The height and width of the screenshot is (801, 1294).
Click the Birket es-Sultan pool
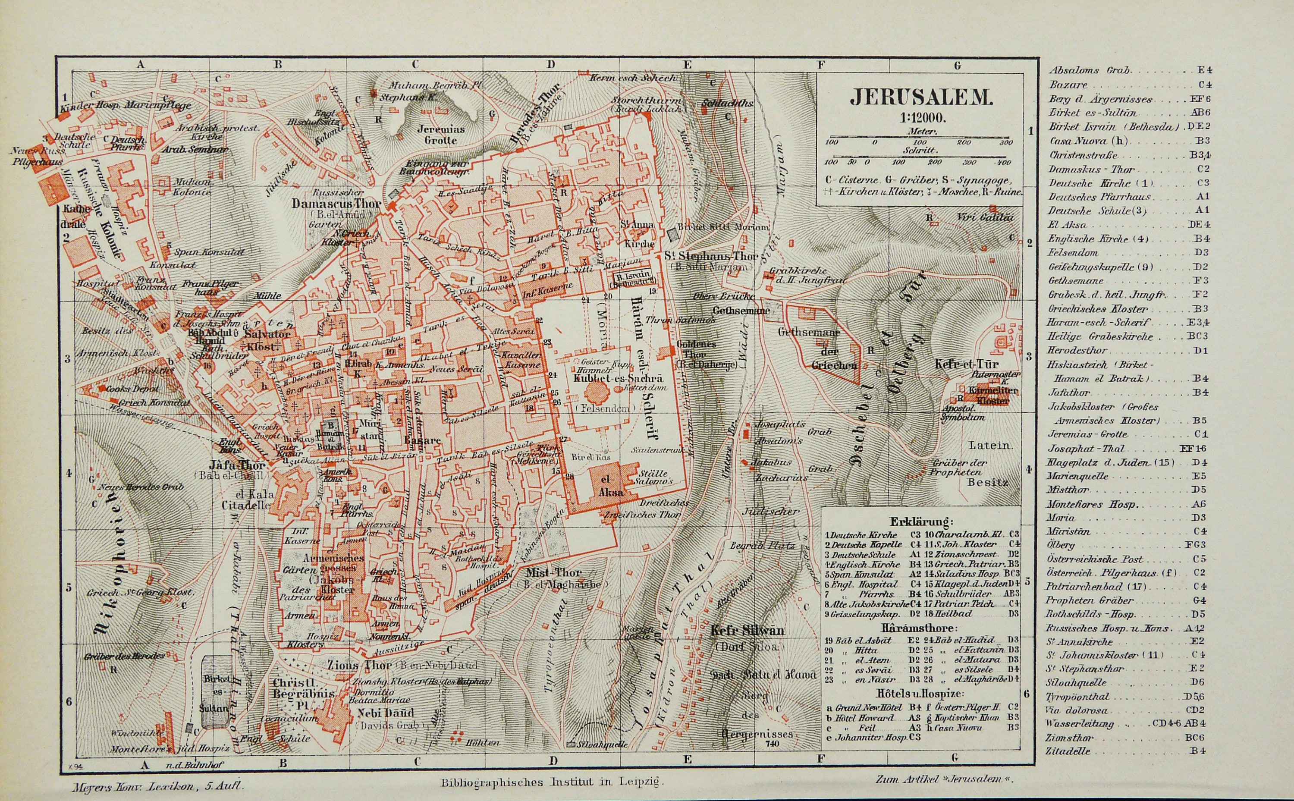point(217,694)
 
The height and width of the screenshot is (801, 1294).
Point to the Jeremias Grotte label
point(441,135)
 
